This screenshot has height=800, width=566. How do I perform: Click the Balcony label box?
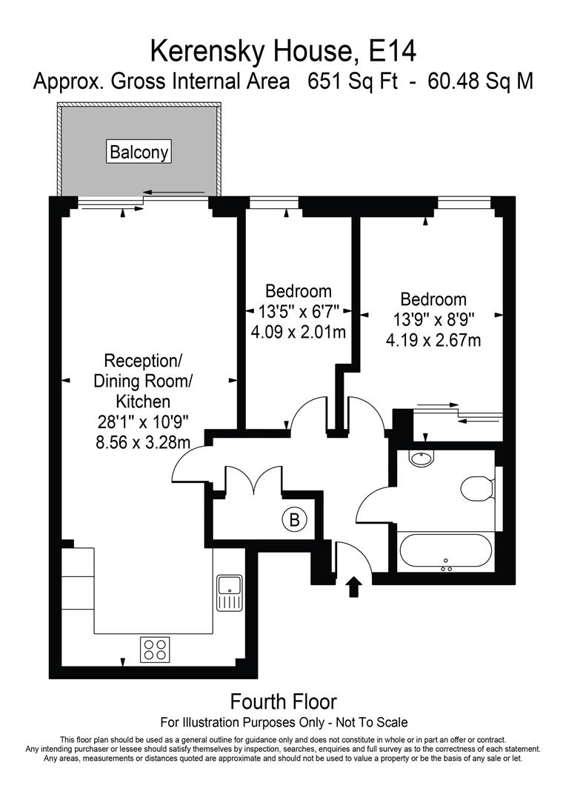(139, 152)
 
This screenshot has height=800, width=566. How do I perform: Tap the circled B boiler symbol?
(294, 520)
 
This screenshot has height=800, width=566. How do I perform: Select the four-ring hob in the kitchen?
(155, 650)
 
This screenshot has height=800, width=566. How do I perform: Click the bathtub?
(445, 552)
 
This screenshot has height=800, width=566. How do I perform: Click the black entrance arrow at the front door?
(353, 587)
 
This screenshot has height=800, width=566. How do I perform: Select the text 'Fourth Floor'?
(283, 701)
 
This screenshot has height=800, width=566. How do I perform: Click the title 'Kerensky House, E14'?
(283, 51)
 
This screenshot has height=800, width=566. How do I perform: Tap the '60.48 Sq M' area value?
(480, 81)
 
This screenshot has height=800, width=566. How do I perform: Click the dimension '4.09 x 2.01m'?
(299, 333)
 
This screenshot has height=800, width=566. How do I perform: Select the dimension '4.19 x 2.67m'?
(433, 341)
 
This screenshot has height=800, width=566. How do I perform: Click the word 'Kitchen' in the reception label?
(142, 401)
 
